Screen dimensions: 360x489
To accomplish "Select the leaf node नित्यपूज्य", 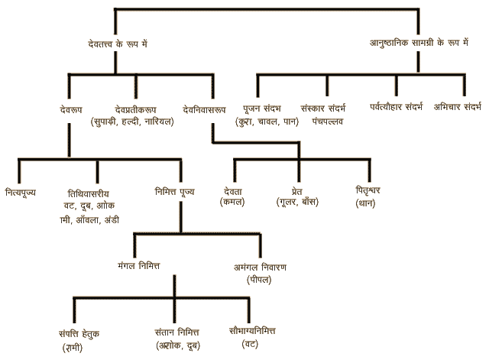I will (x=21, y=192).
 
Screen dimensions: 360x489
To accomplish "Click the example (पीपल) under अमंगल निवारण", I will (x=260, y=281).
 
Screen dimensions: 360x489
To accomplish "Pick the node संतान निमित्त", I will (x=175, y=334).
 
